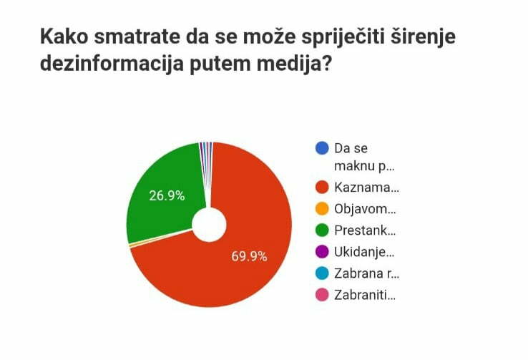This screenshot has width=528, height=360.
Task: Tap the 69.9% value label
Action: pos(249,256)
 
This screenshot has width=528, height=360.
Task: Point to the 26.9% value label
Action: pos(167,195)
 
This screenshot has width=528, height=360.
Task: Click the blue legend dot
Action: pos(322,149)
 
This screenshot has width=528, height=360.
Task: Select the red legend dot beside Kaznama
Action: pos(322,188)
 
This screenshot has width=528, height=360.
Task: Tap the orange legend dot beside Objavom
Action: pos(322,210)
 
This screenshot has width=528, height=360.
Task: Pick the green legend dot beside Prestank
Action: pos(322,230)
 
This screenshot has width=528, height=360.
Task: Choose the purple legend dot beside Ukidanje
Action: pos(322,252)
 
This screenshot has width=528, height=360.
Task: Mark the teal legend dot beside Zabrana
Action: pos(322,273)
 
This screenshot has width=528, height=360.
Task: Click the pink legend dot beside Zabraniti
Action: pos(322,294)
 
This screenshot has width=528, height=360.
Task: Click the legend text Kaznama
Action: pos(366,188)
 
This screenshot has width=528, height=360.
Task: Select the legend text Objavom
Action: pos(365,210)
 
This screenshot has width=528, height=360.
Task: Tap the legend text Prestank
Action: pos(365,230)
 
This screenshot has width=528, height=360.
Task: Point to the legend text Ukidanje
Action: pos(364,252)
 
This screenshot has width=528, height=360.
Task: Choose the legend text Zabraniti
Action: pos(365,294)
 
